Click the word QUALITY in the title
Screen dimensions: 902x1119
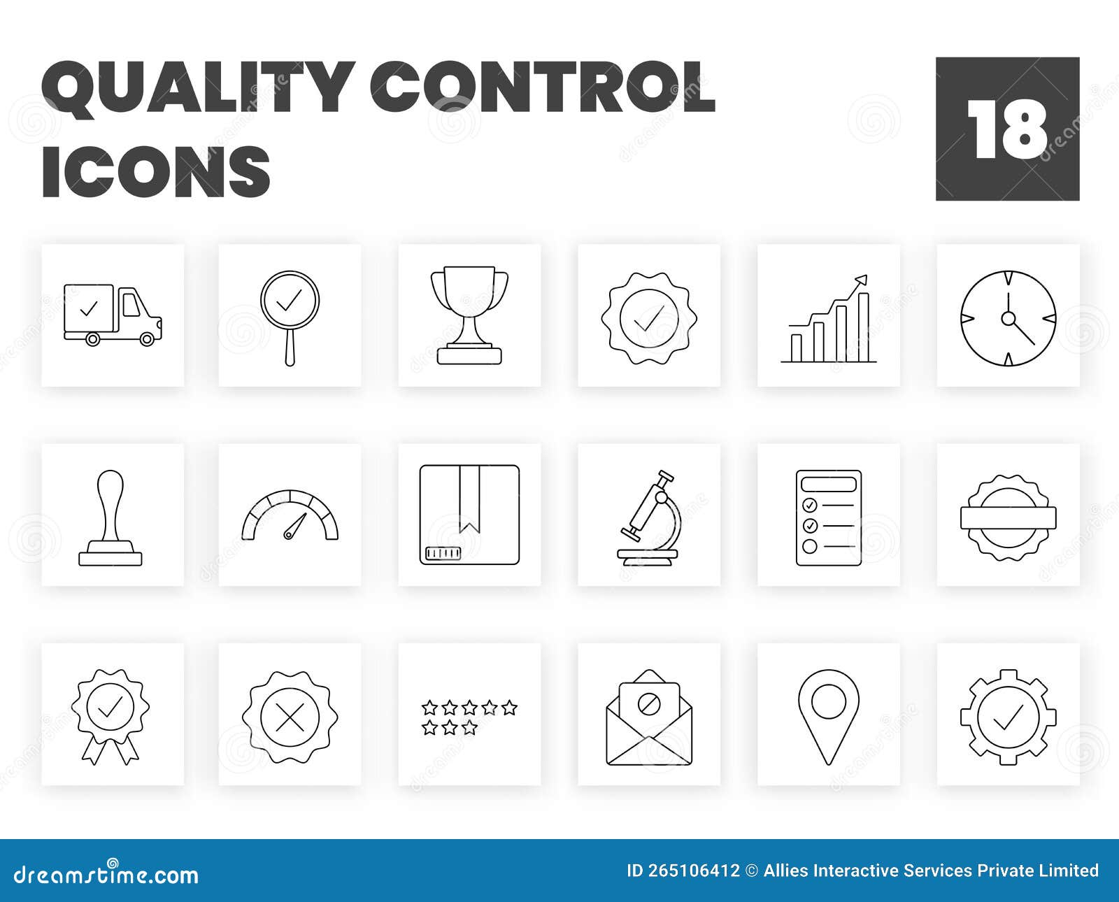click(196, 89)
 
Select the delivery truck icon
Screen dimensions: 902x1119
click(113, 315)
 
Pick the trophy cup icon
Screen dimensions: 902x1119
click(469, 316)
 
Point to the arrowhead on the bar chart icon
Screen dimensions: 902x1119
click(861, 280)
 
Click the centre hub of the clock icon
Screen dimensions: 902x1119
click(1008, 318)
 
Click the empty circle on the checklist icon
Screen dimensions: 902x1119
click(809, 546)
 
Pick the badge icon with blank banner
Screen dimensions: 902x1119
click(1008, 517)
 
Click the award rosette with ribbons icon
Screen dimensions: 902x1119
click(111, 715)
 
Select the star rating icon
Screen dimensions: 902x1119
click(469, 717)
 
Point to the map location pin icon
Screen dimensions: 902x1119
click(828, 715)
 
